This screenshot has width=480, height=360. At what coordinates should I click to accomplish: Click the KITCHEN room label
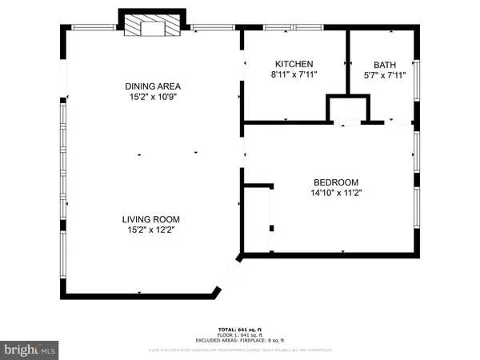coord(294,64)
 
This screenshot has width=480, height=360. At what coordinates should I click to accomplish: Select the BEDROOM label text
coord(335,182)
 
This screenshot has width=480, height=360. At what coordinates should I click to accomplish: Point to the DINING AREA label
coord(152,86)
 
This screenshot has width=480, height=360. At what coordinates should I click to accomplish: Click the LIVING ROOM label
coord(150,218)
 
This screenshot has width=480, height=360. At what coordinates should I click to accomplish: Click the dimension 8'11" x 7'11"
coord(294,76)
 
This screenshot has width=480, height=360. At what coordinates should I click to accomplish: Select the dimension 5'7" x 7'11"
coord(385,76)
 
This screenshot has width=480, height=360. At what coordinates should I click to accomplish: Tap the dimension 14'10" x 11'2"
coord(335,193)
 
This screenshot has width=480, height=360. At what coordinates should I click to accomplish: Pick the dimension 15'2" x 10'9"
coord(152,98)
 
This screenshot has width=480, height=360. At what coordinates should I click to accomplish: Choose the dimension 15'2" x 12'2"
coord(150,230)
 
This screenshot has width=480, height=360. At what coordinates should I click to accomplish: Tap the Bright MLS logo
coord(30,349)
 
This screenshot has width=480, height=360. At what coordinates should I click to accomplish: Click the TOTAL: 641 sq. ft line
coord(240,329)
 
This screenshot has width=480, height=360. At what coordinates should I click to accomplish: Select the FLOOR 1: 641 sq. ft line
coord(240,334)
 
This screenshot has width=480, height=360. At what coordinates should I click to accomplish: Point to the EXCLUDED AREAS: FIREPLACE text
coord(240,340)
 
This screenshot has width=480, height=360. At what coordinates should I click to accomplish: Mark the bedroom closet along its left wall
coord(258,218)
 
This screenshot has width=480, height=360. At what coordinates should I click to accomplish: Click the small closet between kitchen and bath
coord(347,109)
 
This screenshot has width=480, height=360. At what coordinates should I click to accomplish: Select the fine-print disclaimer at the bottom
coord(240,350)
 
